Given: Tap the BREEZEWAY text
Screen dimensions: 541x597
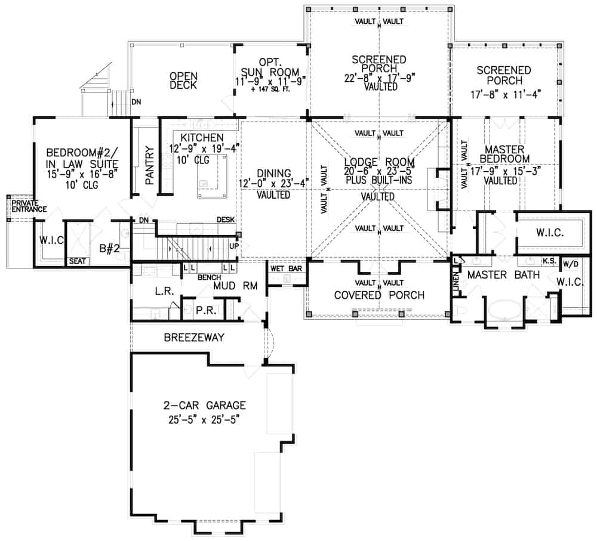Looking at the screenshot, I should [194, 338].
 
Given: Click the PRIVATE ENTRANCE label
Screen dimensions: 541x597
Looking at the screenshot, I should [21, 206].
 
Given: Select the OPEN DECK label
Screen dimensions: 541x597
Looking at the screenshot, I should [183, 81].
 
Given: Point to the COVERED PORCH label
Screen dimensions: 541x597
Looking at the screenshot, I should [379, 295].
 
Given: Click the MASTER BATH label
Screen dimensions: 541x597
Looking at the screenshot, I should [503, 275].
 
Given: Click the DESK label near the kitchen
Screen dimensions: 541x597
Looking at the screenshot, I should [225, 220].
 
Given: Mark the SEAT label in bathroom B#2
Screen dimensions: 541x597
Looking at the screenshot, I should [76, 261].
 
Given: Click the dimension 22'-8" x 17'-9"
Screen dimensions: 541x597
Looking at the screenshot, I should [379, 77].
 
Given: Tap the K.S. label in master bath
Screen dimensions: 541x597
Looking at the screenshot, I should [549, 261].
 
